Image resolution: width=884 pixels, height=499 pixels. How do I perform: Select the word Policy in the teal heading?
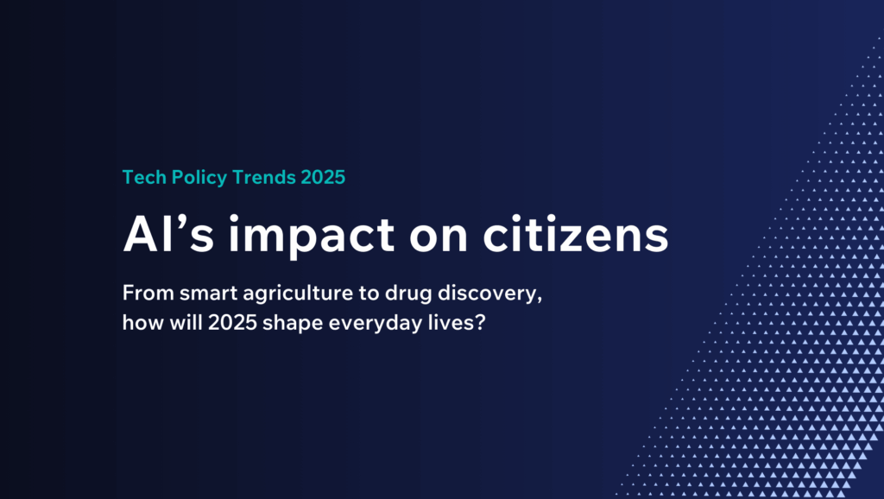pos(199,178)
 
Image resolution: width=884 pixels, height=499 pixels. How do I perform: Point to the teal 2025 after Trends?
pos(323,177)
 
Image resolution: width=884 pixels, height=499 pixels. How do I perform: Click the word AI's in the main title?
pos(168,235)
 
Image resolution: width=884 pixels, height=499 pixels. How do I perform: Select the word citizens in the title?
pos(576,235)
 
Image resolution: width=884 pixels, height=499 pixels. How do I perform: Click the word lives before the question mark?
pos(451,323)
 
